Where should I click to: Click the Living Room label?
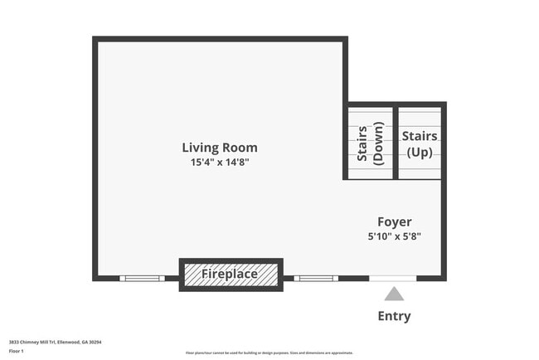(x=220, y=148)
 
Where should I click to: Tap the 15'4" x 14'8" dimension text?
(x=220, y=163)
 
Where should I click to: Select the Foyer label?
(x=395, y=221)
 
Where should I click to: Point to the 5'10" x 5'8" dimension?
(x=395, y=236)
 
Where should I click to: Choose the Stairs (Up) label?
(x=420, y=143)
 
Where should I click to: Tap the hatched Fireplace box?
(x=231, y=274)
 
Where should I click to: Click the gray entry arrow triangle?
(x=394, y=294)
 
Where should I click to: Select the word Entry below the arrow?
(x=394, y=316)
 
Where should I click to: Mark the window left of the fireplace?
(x=142, y=278)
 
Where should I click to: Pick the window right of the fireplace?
(x=316, y=278)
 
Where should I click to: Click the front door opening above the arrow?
(x=393, y=278)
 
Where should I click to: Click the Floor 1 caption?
(x=17, y=351)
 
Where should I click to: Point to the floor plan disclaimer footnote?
(x=269, y=353)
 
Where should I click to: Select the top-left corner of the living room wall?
(x=95, y=39)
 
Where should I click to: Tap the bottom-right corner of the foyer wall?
(x=444, y=278)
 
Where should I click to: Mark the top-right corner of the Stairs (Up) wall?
(x=444, y=105)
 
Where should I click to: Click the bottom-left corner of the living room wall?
(x=95, y=278)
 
